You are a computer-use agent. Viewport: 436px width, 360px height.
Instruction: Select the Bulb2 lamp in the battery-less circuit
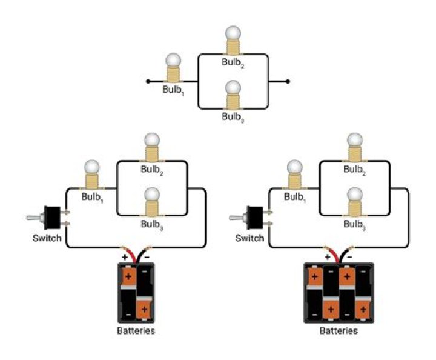point(233,39)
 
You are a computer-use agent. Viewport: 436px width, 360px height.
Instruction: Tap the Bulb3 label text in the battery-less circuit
point(233,117)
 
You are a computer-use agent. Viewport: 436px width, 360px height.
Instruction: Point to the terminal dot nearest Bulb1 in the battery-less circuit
point(148,81)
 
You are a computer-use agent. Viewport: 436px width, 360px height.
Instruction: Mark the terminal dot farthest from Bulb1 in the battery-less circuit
point(288,81)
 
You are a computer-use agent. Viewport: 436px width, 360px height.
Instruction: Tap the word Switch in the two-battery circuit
point(47,238)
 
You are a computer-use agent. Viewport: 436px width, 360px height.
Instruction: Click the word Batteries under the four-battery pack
point(339,331)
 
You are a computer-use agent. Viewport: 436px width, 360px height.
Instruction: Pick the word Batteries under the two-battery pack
point(136,331)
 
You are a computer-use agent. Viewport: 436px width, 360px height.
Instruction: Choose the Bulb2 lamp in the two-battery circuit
point(151,147)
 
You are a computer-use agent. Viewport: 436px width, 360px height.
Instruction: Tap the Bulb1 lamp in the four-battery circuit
point(294,175)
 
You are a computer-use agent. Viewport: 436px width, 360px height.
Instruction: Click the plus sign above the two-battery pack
point(125,257)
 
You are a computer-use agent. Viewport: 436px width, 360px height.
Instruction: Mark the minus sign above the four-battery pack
point(350,257)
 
